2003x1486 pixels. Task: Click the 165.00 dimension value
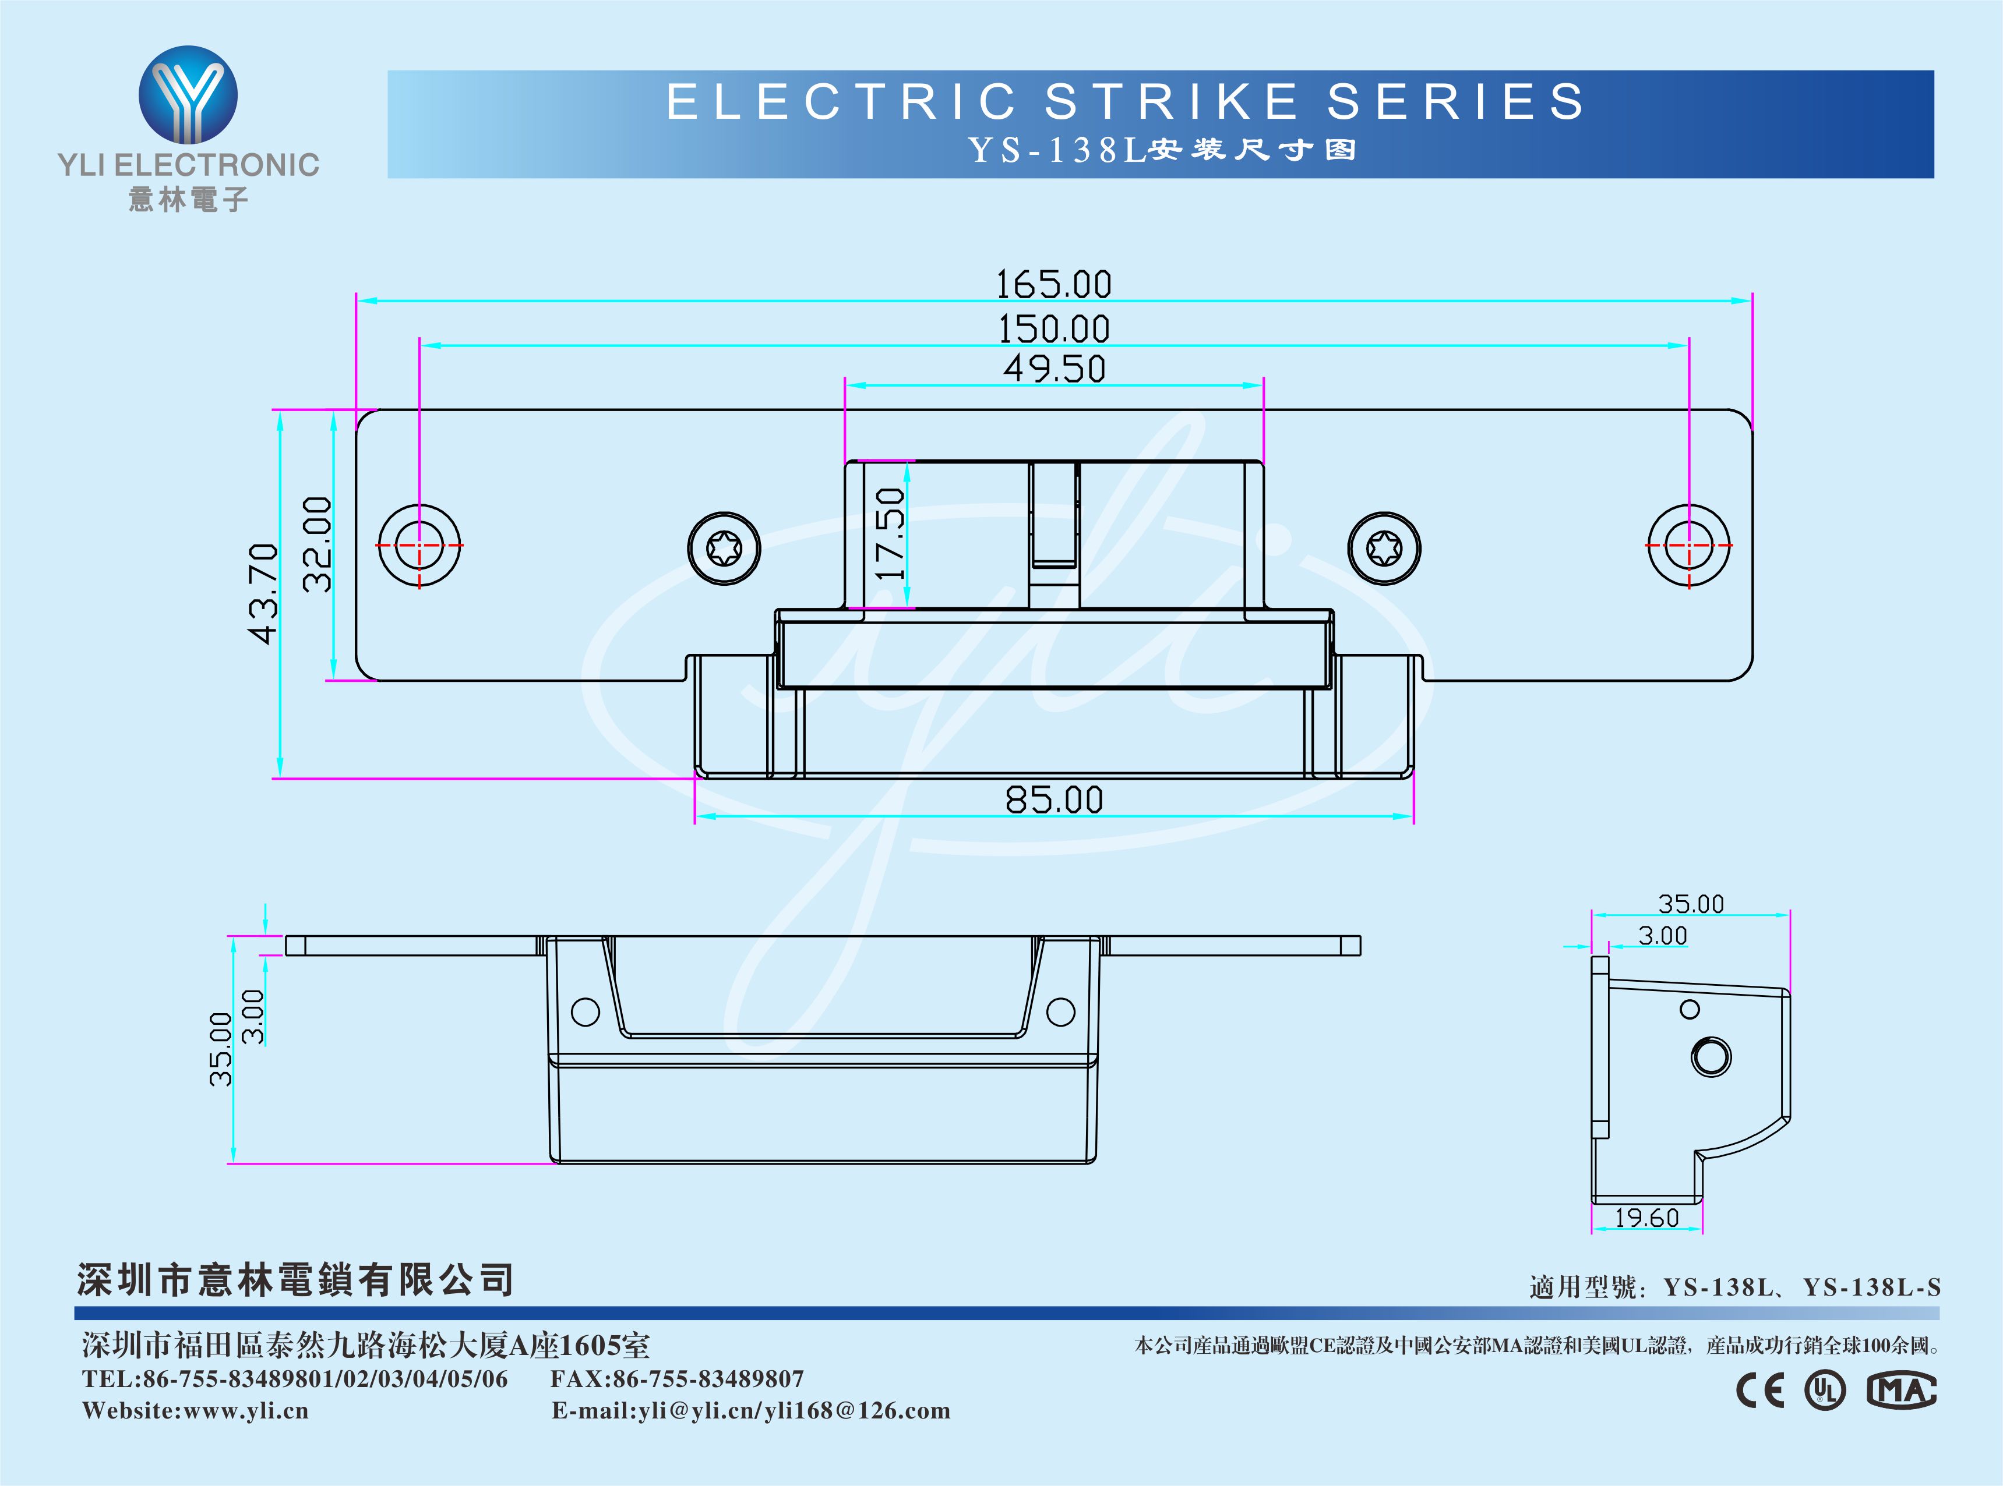click(1054, 285)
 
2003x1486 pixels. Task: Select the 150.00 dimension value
click(1054, 329)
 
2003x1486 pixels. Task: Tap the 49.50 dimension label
click(1054, 369)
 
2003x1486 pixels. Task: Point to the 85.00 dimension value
click(1054, 799)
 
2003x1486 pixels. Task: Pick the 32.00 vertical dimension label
click(317, 544)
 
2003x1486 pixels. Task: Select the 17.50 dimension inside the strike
click(890, 533)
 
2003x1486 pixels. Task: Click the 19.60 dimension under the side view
click(1646, 1218)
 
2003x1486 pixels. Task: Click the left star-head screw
click(724, 548)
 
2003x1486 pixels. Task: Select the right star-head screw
click(1384, 548)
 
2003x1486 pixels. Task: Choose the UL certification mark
click(1825, 1391)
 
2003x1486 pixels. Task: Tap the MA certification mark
click(1901, 1391)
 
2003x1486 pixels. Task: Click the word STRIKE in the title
click(1170, 101)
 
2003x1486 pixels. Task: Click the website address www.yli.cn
click(246, 1410)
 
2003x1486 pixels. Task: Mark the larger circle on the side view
click(1711, 1056)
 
